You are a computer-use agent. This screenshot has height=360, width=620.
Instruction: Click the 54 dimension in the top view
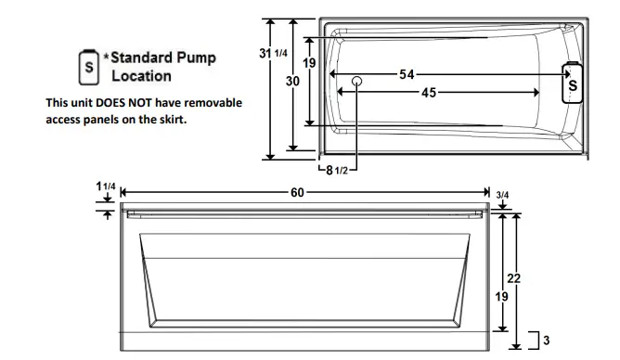[407, 74]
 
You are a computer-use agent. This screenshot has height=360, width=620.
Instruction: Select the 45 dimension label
[430, 92]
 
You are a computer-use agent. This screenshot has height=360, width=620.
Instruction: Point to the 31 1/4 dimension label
[274, 55]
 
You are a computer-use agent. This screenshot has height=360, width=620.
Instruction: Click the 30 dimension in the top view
[291, 82]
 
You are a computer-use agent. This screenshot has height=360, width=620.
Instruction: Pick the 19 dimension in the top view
[311, 63]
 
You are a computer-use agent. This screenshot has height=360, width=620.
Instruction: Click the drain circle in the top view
[357, 82]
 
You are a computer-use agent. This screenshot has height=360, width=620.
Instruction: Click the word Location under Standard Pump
[141, 75]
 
